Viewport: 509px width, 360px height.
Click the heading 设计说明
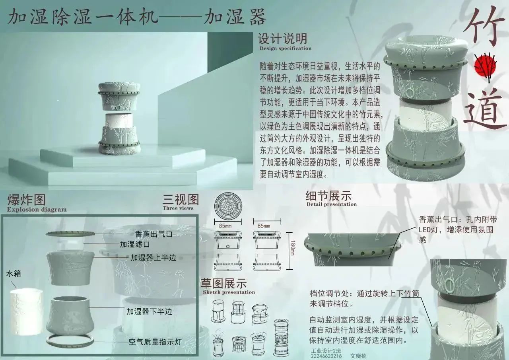[x=282, y=39]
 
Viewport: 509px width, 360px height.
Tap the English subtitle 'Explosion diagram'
[x=37, y=210]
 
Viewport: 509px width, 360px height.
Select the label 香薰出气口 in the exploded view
[x=154, y=234]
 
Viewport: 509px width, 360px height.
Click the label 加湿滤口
[x=135, y=245]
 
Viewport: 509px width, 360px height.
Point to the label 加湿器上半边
[x=153, y=257]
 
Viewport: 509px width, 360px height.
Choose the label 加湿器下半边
[x=149, y=311]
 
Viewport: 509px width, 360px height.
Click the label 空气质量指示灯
[x=155, y=342]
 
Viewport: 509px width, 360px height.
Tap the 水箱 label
[x=14, y=273]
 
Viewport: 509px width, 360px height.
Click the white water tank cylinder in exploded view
[x=26, y=311]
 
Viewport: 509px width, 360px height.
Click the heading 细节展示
[x=328, y=195]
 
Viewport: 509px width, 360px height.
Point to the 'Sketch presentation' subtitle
[x=229, y=292]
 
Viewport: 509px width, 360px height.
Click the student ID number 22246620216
[x=326, y=356]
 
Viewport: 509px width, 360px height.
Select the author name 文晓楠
[x=358, y=356]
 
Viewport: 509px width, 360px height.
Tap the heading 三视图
[x=181, y=199]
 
